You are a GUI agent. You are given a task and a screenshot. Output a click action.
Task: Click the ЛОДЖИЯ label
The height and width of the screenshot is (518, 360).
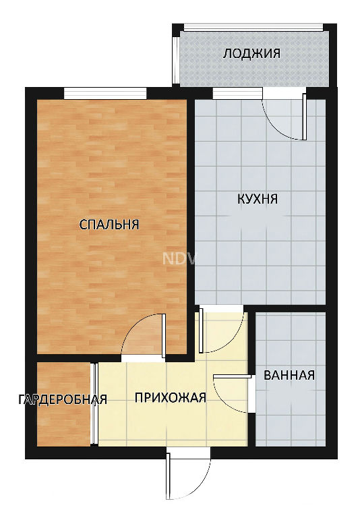point(251,53)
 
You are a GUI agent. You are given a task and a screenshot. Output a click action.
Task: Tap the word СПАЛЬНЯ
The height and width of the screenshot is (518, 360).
point(109,225)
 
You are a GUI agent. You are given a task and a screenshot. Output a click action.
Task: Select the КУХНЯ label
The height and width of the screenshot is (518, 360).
point(258,199)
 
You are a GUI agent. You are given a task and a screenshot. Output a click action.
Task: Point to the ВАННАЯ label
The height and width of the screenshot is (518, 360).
point(289,375)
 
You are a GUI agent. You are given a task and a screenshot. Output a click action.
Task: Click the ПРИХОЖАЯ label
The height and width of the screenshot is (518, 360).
point(171,397)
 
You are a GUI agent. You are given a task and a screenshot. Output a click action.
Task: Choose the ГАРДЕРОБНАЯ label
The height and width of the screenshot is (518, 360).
point(63,399)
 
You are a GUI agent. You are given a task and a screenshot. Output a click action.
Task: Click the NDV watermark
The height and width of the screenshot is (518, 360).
point(179,259)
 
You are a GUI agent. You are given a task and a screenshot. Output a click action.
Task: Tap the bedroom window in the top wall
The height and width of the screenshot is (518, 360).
point(105,93)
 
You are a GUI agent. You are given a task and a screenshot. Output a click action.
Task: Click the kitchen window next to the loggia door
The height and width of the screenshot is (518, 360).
point(237,93)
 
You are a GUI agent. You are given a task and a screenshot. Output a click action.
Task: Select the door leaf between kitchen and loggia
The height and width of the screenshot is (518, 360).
point(305,116)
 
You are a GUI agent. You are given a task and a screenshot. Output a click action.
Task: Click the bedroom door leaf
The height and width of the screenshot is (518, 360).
point(164,335)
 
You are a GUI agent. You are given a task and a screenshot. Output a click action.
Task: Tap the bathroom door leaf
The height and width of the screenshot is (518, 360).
point(233,376)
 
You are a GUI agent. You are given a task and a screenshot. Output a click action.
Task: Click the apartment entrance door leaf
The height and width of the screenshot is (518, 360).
point(168,476)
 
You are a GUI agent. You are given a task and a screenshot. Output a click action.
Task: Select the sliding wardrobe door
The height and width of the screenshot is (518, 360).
point(95,404)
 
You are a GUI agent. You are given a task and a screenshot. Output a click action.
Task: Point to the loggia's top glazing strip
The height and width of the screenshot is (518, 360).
point(253,28)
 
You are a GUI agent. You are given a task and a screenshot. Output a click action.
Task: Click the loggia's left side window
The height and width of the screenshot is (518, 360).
point(176,60)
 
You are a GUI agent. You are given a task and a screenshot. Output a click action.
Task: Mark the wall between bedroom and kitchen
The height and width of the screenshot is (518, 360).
point(191,228)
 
